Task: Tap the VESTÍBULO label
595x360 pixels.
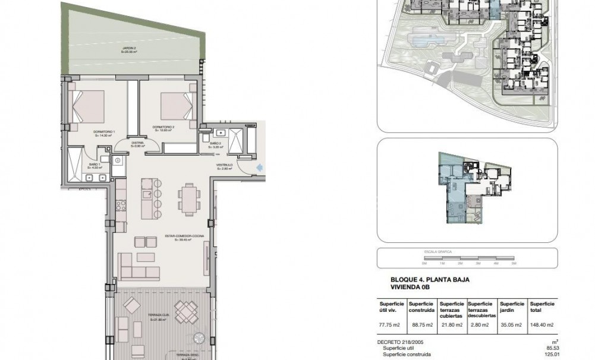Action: point(223,167)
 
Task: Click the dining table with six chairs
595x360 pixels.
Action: point(188,198)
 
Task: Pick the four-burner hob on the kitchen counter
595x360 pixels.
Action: point(121,206)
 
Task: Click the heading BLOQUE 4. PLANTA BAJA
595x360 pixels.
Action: point(426,279)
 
